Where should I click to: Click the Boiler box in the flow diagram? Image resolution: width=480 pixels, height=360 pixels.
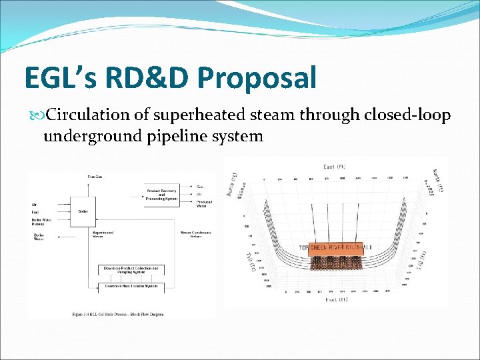click(83, 211)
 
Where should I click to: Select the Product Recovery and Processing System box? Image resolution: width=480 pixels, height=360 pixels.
click(162, 193)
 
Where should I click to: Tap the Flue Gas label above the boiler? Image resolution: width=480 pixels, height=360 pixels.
click(95, 177)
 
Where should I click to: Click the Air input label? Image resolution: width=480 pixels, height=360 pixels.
click(34, 204)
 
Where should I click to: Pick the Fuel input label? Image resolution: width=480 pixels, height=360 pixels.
click(35, 212)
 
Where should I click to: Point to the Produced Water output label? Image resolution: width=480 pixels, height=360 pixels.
click(204, 203)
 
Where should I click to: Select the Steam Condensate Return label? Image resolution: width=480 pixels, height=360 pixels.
click(195, 233)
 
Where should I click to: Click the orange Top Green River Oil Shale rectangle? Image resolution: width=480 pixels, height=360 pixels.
click(336, 247)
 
